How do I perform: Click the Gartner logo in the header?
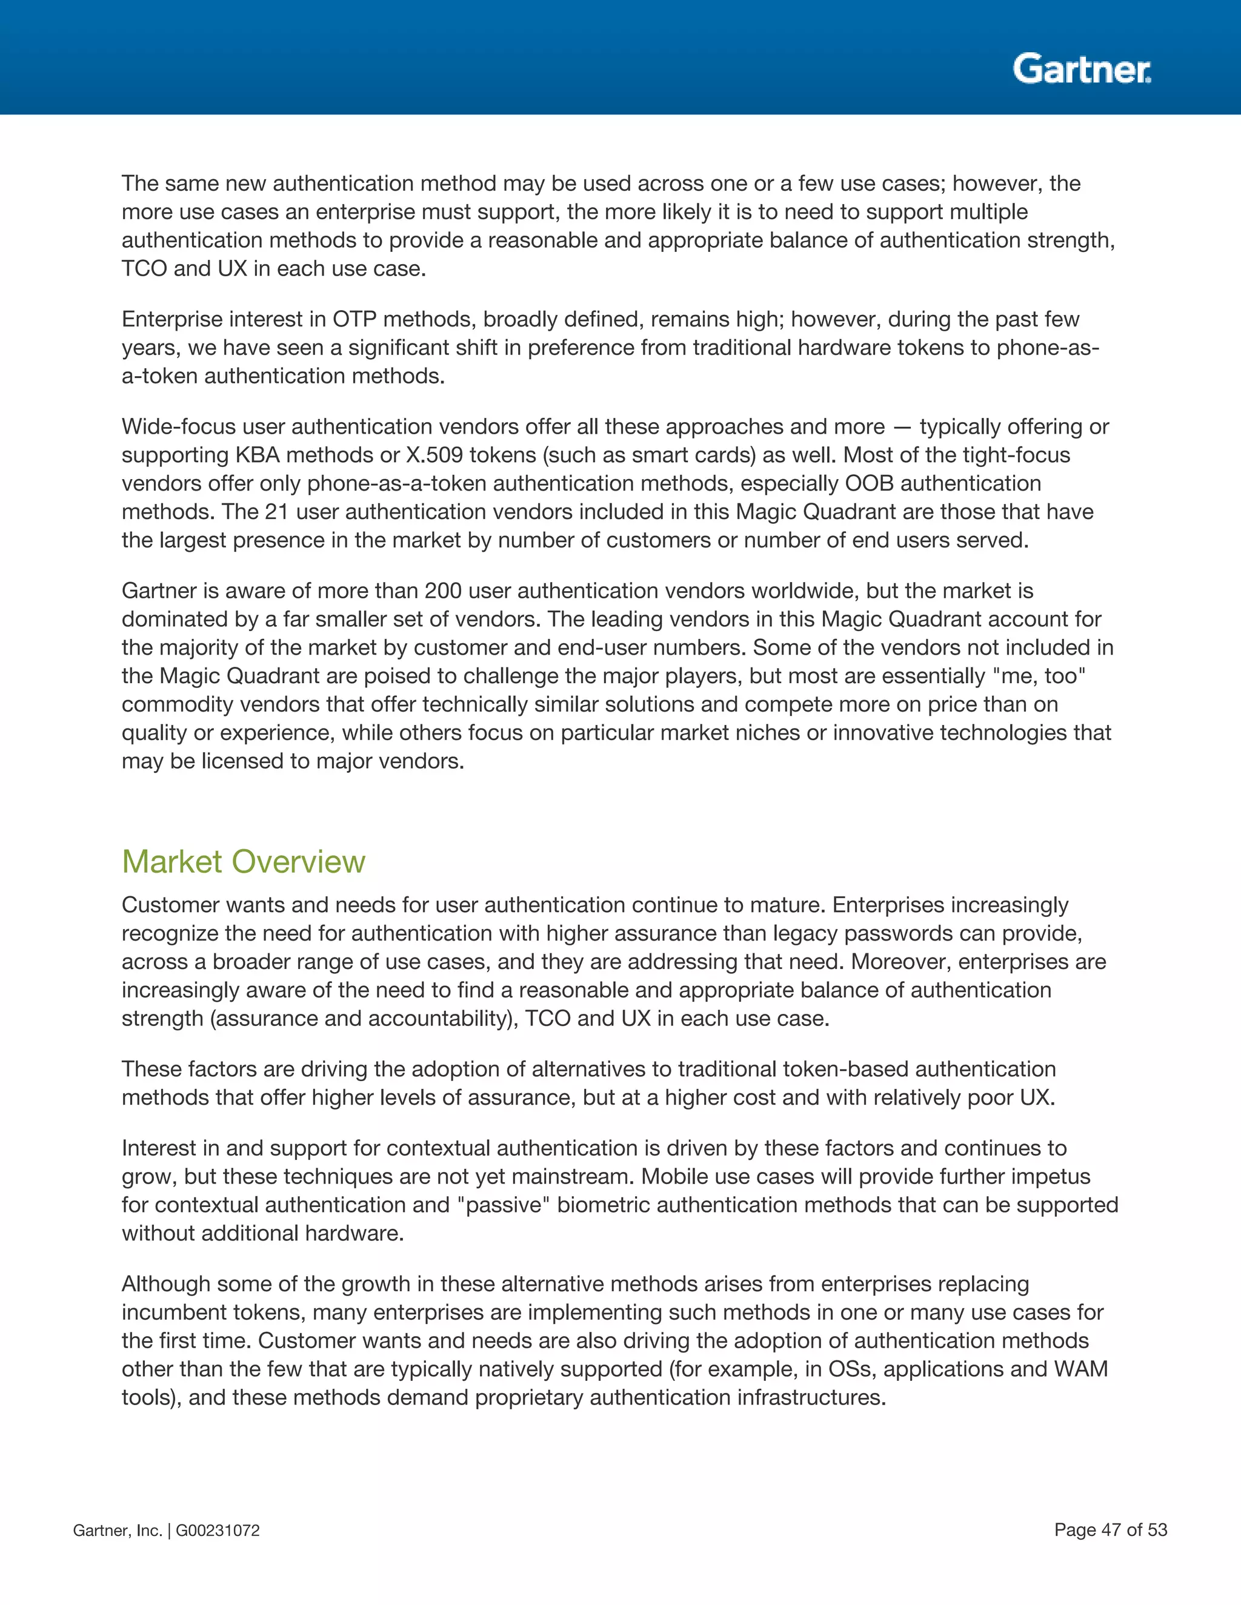[x=1082, y=68]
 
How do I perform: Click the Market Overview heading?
[x=244, y=861]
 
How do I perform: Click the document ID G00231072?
[x=218, y=1530]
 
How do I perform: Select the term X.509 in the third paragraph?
[x=434, y=455]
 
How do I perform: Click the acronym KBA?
[x=258, y=455]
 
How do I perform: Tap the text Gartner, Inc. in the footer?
[x=117, y=1530]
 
